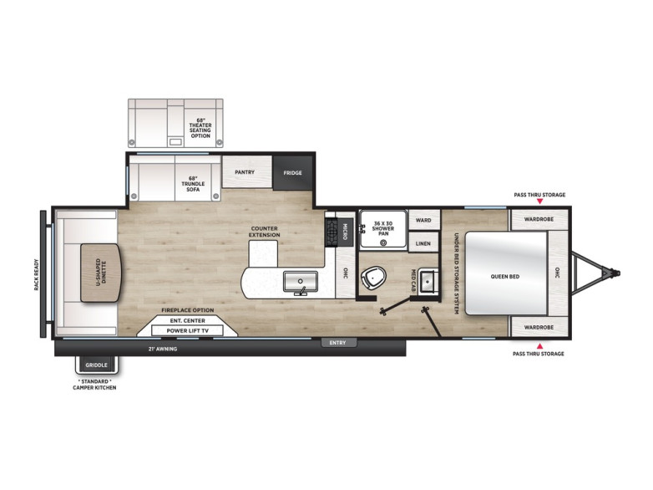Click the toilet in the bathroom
373,278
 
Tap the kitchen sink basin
301,282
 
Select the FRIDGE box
293,172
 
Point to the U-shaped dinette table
101,273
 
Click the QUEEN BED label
504,277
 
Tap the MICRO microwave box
345,232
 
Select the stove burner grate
331,232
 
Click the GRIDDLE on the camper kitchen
97,365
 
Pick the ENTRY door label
337,343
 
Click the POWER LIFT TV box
187,330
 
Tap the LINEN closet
423,243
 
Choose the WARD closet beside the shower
423,220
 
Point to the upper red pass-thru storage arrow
539,202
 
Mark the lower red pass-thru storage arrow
539,345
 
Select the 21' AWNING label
163,349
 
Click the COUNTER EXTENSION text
265,232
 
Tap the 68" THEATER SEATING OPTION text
200,128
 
